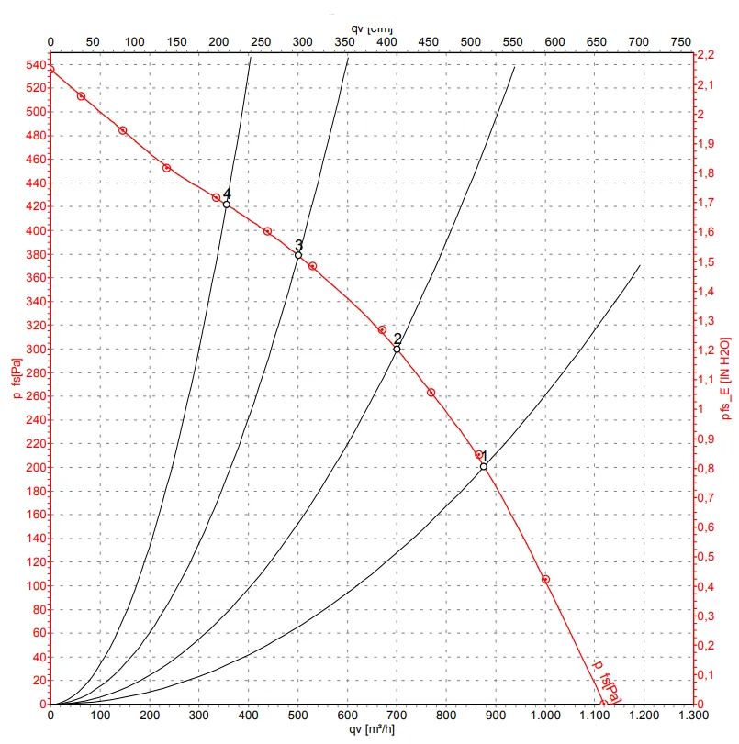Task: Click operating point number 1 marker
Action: pos(484,467)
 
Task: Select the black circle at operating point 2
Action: pos(397,349)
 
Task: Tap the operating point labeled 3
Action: pos(298,255)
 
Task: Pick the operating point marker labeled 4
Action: pos(227,205)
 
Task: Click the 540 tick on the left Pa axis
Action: pos(34,65)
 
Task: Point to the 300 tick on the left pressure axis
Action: pos(34,349)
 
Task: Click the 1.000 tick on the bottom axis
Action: pos(545,715)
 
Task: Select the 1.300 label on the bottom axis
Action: pos(693,715)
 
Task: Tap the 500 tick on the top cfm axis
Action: pos(470,42)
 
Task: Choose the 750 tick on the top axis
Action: pos(680,42)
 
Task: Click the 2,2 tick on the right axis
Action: pos(705,56)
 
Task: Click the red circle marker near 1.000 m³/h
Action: pos(545,580)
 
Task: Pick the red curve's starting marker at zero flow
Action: pos(50,70)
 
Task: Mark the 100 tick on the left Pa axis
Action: pos(34,585)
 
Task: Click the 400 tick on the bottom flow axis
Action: pos(249,715)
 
